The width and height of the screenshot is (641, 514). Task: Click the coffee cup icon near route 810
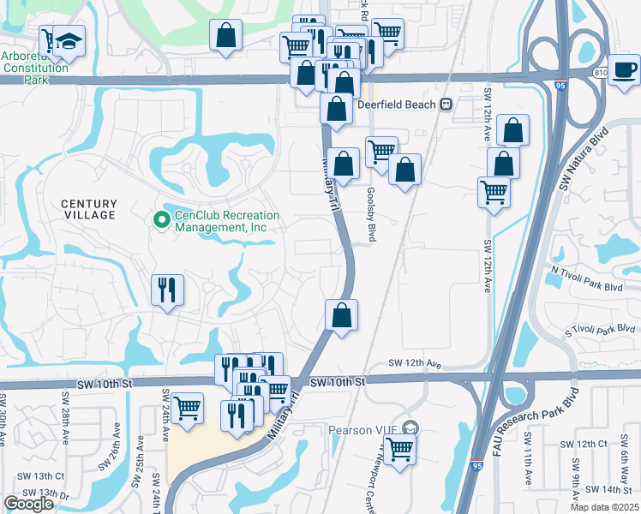(x=625, y=69)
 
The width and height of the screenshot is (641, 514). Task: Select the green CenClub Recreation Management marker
(x=160, y=221)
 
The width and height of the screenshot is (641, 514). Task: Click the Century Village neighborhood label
(x=88, y=209)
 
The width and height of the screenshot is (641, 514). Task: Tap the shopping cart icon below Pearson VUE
(x=399, y=447)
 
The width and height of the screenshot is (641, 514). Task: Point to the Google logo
(x=28, y=504)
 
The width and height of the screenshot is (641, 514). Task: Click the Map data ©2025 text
(x=604, y=507)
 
